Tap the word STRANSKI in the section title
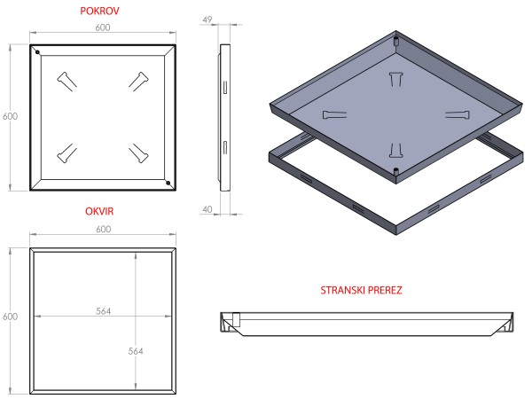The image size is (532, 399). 342,290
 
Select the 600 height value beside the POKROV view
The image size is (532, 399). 10,116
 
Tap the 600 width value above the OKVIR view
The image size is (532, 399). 103,230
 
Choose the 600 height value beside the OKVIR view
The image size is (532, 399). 10,317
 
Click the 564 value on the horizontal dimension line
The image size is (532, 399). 103,311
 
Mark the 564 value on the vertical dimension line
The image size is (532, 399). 136,351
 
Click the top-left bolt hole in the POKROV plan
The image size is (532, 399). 37,51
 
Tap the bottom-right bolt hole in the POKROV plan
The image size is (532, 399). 168,183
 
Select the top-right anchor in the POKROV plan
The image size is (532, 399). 137,81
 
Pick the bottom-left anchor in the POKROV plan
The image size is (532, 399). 66,153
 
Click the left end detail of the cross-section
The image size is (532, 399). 232,324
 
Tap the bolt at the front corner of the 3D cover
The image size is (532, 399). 395,168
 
